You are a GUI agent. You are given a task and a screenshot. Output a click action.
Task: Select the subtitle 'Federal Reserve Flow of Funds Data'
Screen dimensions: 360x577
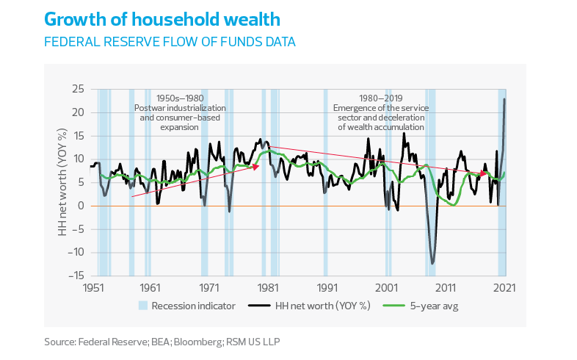click(170, 42)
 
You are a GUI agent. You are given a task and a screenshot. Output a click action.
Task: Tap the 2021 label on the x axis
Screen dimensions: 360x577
click(504, 288)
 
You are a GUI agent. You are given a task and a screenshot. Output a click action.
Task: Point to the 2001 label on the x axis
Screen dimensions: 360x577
click(386, 288)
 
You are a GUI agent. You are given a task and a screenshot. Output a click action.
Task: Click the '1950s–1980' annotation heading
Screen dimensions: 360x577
click(179, 98)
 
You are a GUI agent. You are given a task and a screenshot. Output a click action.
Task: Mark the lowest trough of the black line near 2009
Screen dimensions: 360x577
click(433, 263)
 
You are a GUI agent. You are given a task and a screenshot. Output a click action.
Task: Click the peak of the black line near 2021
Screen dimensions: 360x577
click(504, 98)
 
